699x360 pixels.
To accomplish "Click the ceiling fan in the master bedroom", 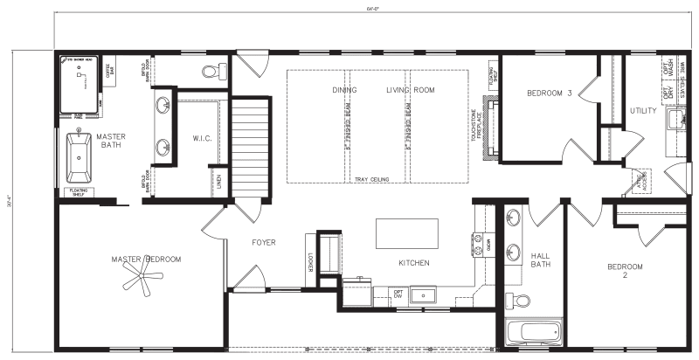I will coord(142,279).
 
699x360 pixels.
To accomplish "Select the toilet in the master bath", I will coord(211,70).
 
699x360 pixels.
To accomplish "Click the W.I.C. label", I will coord(199,139).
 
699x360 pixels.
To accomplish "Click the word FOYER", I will coord(263,242).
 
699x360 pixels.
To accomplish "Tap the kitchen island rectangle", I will coord(406,234).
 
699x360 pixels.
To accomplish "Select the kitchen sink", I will coord(422,294).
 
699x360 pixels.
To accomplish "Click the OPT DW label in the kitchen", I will coord(398,294).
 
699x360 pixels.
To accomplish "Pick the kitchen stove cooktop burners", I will coord(480,241).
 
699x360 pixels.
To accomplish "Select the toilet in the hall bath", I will coord(522,301).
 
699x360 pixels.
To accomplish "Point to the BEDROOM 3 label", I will coord(549,93).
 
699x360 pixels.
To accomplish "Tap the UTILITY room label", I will coord(642,111).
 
